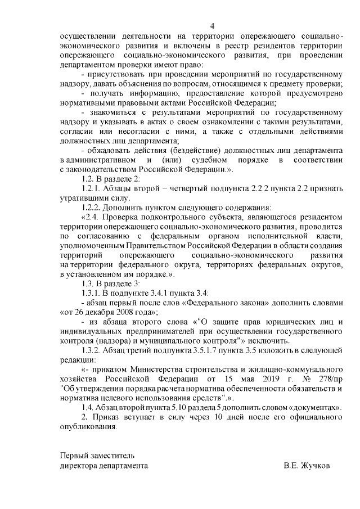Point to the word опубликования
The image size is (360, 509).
click(89, 426)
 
